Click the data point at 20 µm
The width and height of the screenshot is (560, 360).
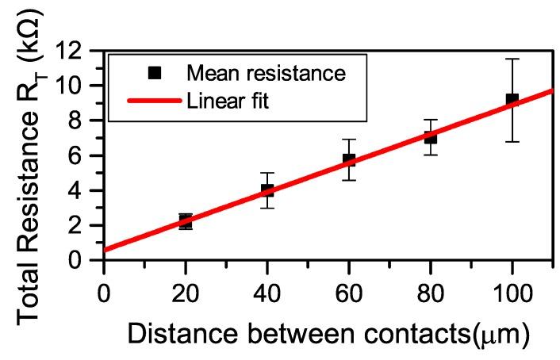pyautogui.click(x=185, y=221)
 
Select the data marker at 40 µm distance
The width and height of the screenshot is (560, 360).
pyautogui.click(x=267, y=190)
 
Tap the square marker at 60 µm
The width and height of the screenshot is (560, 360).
pyautogui.click(x=349, y=159)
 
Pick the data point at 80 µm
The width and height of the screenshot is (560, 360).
pyautogui.click(x=431, y=137)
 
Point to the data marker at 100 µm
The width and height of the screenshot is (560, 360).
pyautogui.click(x=512, y=100)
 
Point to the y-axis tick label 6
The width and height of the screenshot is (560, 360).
pyautogui.click(x=84, y=155)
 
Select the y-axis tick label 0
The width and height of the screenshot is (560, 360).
pyautogui.click(x=84, y=260)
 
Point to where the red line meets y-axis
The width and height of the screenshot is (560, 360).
pyautogui.click(x=104, y=250)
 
